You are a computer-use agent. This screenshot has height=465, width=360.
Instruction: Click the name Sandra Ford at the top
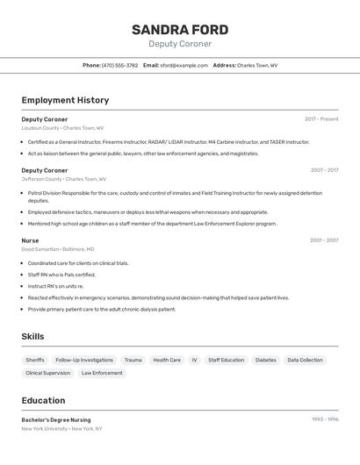point(180,30)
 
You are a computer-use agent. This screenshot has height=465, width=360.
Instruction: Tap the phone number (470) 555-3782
point(119,65)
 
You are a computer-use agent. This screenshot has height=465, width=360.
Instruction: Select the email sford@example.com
point(184,65)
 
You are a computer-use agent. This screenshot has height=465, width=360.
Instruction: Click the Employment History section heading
point(65,100)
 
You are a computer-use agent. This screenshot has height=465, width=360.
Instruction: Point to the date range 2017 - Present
point(321,119)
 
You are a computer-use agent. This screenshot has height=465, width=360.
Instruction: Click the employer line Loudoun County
point(62,128)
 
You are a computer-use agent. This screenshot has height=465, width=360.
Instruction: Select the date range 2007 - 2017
point(324,170)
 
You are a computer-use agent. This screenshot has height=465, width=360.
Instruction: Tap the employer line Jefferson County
point(62,179)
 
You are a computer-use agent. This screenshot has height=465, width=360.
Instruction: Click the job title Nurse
point(30,240)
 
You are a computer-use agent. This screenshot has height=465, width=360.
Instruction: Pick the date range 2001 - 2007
point(324,240)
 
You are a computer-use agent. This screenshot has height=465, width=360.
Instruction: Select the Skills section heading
point(32,336)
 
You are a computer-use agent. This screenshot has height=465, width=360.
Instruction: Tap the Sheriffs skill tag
point(35,360)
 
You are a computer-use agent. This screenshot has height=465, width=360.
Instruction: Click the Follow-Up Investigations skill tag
point(84,360)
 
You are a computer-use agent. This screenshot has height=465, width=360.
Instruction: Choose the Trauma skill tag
point(133,360)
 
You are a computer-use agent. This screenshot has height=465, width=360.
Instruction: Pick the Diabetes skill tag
point(265,360)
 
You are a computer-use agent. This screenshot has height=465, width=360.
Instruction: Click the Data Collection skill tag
point(305,360)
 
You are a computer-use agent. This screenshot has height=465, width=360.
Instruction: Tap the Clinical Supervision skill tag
point(48,373)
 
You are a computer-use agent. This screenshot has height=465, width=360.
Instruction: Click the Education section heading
point(43,400)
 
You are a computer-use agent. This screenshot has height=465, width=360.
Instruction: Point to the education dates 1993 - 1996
point(325,419)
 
